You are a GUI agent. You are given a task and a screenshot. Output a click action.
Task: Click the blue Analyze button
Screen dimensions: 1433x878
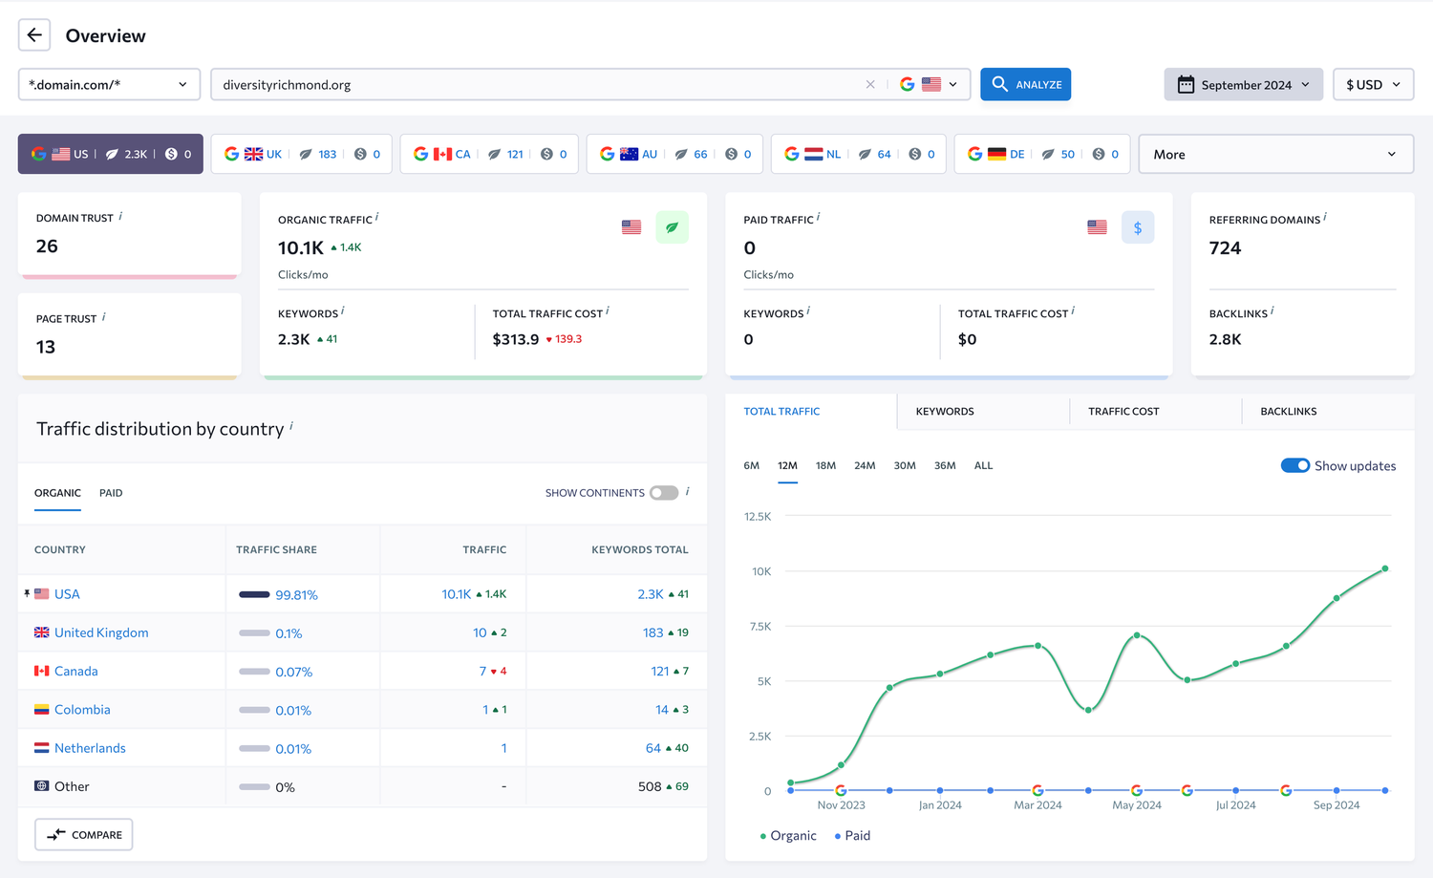click(1025, 84)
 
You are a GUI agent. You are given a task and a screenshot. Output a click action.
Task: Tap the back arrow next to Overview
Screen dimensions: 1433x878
click(34, 35)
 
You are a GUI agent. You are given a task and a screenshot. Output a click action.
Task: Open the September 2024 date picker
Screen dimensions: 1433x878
click(1244, 84)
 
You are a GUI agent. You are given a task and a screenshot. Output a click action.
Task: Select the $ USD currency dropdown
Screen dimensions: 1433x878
click(1374, 84)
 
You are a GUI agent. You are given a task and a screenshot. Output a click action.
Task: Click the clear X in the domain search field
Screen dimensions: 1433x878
click(870, 84)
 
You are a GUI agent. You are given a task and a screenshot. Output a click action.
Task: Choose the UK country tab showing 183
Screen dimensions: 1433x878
click(301, 154)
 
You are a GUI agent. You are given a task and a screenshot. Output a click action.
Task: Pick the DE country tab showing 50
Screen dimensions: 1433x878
click(1042, 154)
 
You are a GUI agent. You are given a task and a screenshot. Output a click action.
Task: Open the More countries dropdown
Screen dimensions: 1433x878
click(1275, 154)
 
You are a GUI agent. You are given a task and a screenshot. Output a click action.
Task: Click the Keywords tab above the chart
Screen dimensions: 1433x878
click(945, 412)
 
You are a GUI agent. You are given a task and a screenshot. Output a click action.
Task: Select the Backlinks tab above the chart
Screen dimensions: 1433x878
click(1289, 412)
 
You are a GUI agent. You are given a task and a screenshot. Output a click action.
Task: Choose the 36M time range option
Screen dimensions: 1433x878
click(945, 466)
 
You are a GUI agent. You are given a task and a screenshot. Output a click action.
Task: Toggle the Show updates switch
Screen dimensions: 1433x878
click(1294, 466)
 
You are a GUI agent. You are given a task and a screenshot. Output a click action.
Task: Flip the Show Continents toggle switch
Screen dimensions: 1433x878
click(664, 493)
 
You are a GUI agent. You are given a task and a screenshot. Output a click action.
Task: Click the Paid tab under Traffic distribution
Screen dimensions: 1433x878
click(111, 493)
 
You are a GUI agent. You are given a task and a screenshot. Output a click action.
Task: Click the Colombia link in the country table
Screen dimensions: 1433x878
click(82, 710)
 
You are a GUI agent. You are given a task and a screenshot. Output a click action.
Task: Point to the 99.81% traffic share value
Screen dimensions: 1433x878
click(296, 594)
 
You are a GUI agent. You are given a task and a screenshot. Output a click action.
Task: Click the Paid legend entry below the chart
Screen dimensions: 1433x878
click(852, 836)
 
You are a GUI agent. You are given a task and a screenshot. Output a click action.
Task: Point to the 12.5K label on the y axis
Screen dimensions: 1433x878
click(758, 517)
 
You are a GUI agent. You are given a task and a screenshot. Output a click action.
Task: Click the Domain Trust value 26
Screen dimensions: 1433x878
click(47, 246)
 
